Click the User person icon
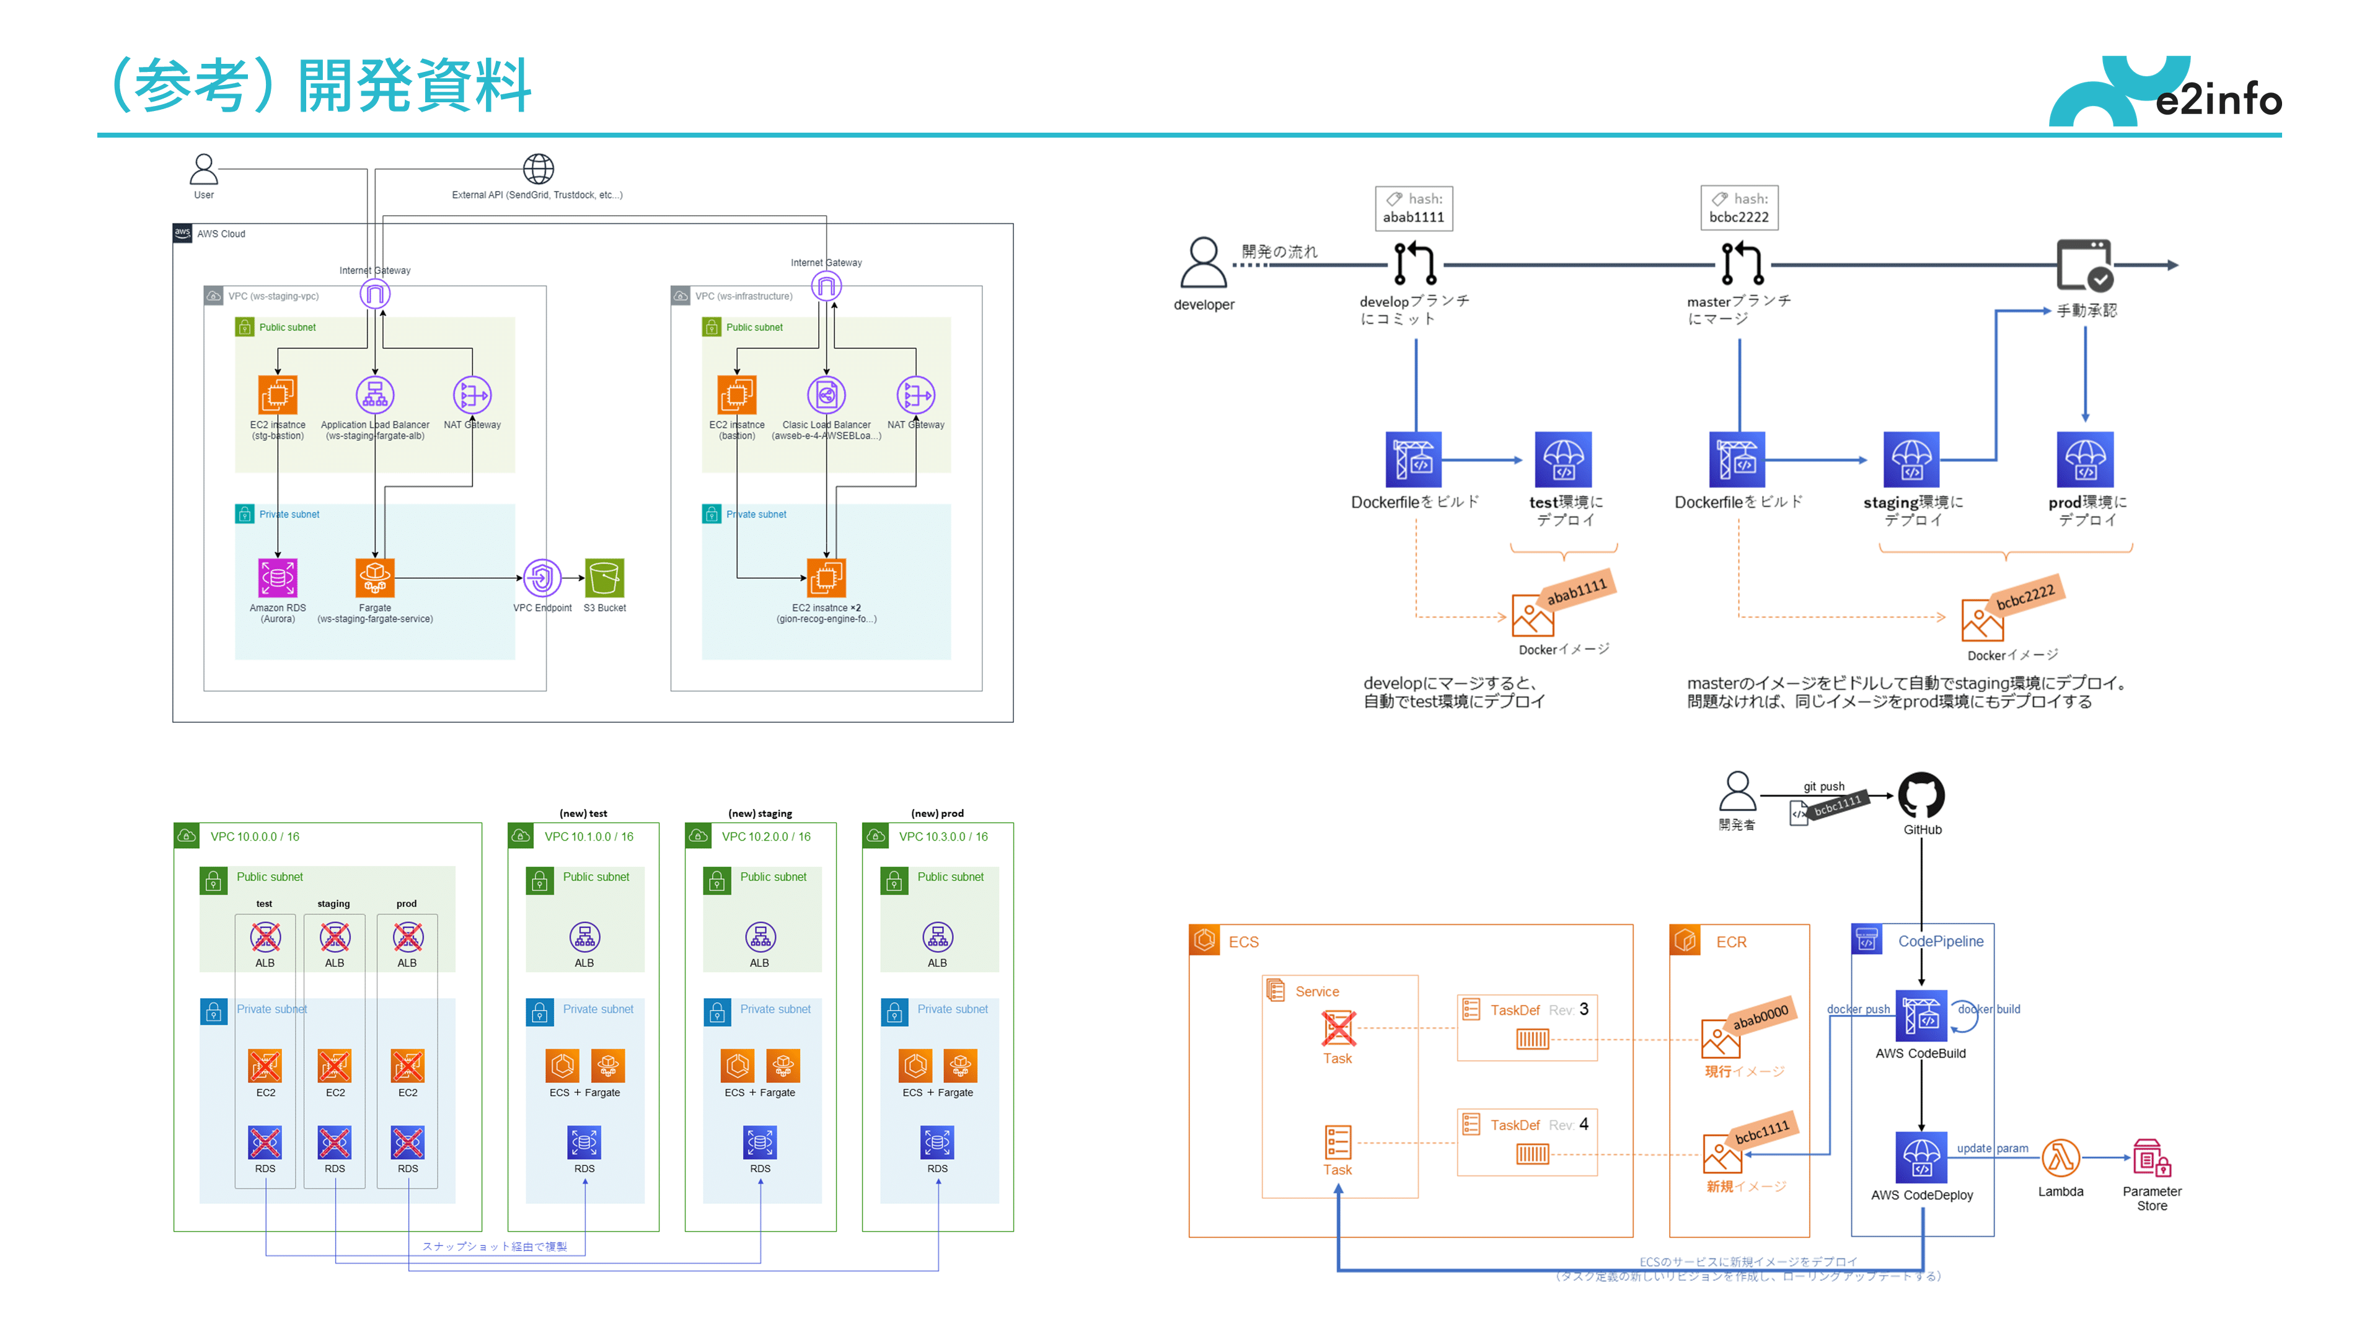203,169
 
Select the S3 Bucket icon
604,578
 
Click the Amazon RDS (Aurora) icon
277,578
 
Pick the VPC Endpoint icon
542,578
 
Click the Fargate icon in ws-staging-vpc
374,578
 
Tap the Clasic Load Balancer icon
826,396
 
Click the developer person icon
1203,263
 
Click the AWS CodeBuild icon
1921,1017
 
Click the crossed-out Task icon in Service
1337,1028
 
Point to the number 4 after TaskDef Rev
1584,1124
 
